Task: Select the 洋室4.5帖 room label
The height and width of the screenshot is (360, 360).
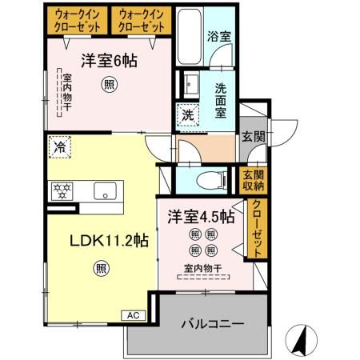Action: pos(201,217)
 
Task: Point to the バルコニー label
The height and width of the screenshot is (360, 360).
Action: pos(212,324)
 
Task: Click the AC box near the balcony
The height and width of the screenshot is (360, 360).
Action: pos(134,315)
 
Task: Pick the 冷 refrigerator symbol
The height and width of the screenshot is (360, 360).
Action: pos(59,146)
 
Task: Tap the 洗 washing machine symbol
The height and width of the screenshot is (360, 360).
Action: pos(186,114)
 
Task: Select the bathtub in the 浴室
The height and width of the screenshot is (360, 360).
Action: pos(189,39)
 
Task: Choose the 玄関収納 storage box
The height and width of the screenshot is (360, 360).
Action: pos(254,181)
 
